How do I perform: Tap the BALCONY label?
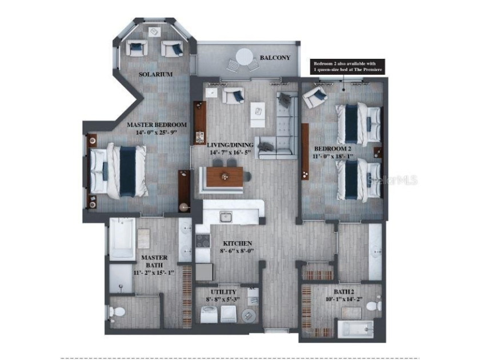(275, 58)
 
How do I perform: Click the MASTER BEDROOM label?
(157, 125)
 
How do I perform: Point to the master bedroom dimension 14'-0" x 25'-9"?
(157, 133)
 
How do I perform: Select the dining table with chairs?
(225, 176)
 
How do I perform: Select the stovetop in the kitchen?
(203, 241)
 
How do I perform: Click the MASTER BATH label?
(154, 261)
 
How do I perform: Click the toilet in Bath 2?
(373, 306)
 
